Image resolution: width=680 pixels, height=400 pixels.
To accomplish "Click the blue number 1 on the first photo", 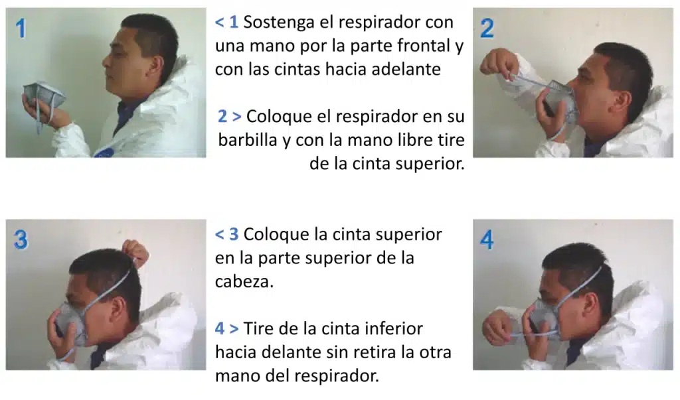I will [x=21, y=29].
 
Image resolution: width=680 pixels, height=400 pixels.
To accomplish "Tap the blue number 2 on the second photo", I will [x=487, y=28].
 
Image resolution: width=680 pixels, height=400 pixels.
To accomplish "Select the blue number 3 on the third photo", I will [x=21, y=239].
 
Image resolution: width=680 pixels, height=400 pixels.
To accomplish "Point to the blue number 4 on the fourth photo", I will [x=487, y=240].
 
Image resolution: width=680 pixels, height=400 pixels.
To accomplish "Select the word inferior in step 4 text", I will [x=392, y=328].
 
